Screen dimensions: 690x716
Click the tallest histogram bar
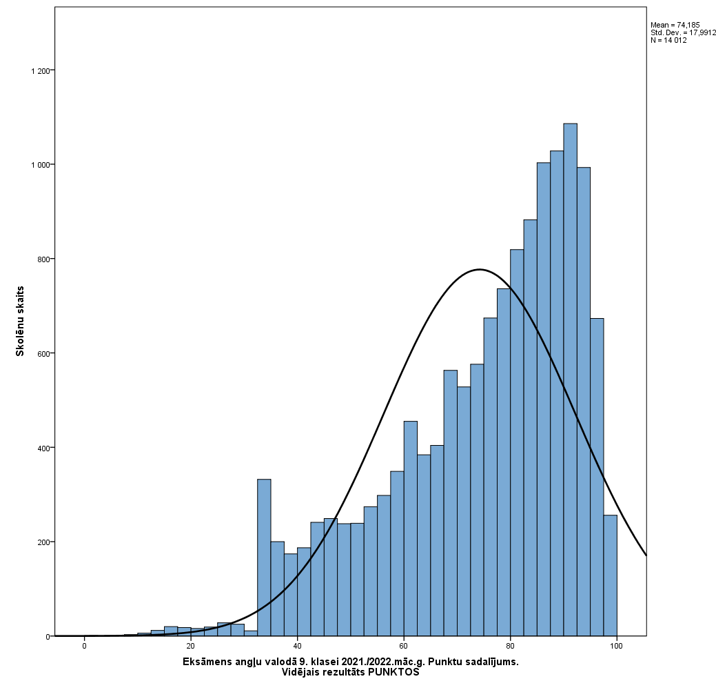point(570,379)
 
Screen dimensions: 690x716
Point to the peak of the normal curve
point(480,269)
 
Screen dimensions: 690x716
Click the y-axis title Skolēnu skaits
point(21,321)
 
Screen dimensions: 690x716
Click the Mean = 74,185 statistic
point(675,25)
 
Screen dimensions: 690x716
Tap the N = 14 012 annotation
point(668,40)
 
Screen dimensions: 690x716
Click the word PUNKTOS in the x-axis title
point(393,673)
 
